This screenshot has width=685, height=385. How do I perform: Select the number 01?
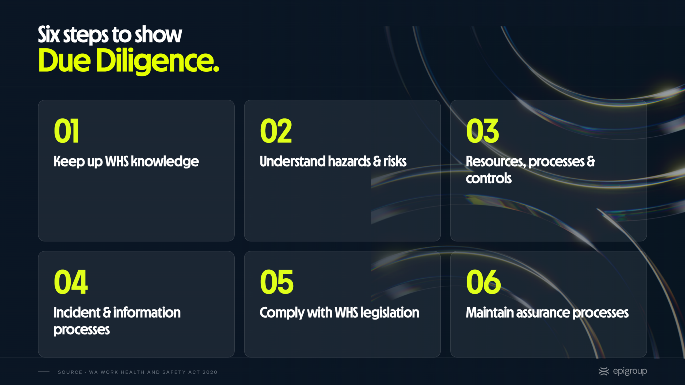(x=66, y=131)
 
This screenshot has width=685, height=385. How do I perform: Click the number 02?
(x=276, y=131)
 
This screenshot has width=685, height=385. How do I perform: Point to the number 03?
(x=482, y=131)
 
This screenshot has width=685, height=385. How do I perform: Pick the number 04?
(x=71, y=282)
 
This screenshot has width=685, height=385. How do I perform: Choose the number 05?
(x=277, y=282)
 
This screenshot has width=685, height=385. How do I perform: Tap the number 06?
(x=483, y=282)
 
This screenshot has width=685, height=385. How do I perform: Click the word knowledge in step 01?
(x=165, y=162)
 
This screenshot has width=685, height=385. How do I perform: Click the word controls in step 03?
(x=489, y=178)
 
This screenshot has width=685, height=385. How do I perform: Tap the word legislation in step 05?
(x=390, y=313)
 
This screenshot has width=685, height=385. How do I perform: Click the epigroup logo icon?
(x=604, y=372)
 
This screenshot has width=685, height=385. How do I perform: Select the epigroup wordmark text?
(x=630, y=372)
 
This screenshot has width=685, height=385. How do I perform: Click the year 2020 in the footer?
(x=210, y=372)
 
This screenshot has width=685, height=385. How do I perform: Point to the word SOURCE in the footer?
(x=70, y=372)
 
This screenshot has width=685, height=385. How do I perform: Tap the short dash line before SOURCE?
(x=44, y=371)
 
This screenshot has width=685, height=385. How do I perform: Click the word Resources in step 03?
(x=496, y=162)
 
